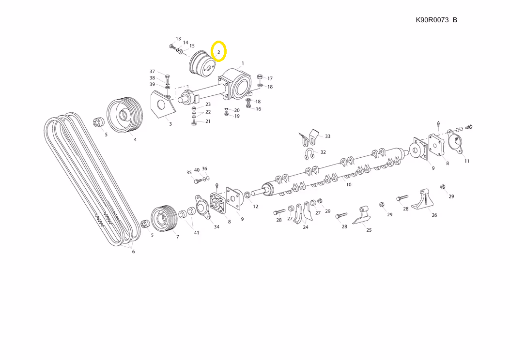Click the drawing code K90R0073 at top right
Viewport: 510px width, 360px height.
point(432,20)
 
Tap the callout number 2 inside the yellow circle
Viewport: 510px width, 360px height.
point(218,52)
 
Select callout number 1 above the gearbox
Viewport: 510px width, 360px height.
point(243,63)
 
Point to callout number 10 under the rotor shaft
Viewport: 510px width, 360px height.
point(349,184)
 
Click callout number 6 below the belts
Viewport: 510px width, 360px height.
point(133,252)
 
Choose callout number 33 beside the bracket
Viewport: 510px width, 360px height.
point(327,136)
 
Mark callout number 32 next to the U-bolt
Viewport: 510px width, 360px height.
point(323,152)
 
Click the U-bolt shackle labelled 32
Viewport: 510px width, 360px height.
point(309,153)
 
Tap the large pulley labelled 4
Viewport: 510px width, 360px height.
point(125,115)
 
